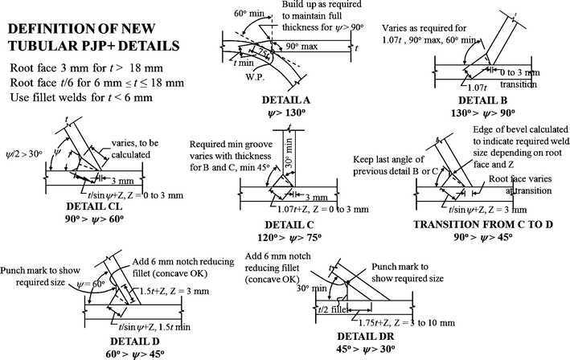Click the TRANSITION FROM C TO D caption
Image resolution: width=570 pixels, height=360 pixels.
coord(489,226)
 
